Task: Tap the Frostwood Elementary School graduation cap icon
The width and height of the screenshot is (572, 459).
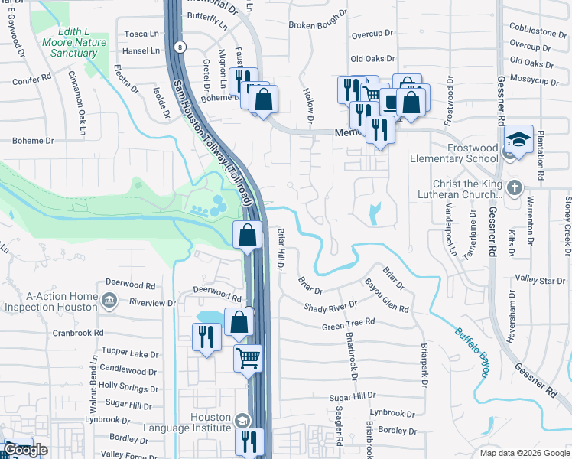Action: pyautogui.click(x=518, y=140)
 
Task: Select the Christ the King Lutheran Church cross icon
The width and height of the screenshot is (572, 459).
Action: pyautogui.click(x=515, y=187)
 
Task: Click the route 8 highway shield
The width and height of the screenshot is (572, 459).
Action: pyautogui.click(x=179, y=47)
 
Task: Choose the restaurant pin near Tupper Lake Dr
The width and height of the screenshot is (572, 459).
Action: pyautogui.click(x=206, y=336)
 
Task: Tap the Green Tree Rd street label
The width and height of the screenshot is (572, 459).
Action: pyautogui.click(x=348, y=324)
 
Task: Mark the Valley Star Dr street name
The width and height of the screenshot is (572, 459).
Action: pyautogui.click(x=539, y=280)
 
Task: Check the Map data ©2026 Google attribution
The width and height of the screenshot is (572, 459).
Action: pyautogui.click(x=524, y=453)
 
